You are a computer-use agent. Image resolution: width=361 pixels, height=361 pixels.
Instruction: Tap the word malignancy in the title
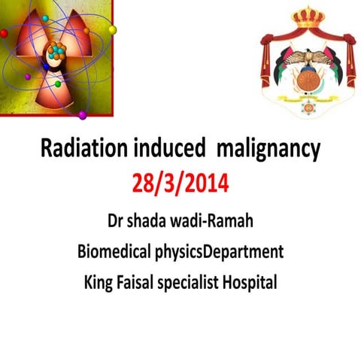pos(268,151)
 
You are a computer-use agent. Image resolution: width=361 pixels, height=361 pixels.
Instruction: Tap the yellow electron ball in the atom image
pos(113,30)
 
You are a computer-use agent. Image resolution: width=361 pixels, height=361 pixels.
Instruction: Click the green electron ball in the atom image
pos(58,84)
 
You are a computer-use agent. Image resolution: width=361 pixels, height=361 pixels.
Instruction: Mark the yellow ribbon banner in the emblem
pos(308,98)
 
